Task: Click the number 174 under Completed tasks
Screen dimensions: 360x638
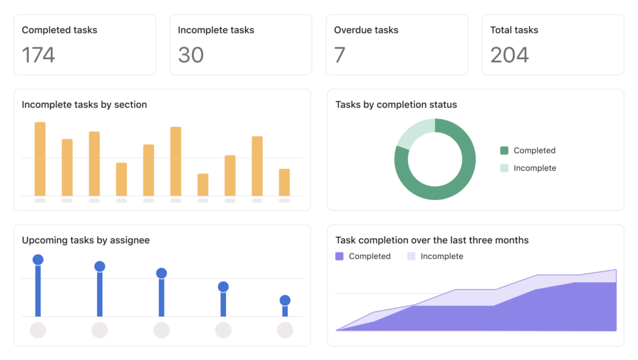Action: tap(39, 55)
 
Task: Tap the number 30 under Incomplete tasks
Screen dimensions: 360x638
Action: tap(191, 55)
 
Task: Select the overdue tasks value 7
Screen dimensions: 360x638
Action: tap(340, 55)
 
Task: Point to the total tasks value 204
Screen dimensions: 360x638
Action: tap(509, 55)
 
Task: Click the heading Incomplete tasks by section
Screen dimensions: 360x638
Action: tap(84, 105)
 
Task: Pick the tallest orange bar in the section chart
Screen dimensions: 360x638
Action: tap(40, 159)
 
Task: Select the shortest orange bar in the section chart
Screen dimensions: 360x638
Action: tap(202, 184)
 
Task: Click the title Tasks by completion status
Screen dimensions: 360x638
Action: tap(396, 105)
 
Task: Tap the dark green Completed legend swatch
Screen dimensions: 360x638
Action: tap(504, 150)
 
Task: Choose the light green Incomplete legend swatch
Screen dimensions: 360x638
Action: tap(504, 168)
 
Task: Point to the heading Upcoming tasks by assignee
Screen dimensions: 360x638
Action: tap(85, 240)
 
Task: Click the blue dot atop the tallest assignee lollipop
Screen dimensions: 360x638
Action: tap(38, 260)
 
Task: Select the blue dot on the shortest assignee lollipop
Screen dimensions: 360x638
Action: tap(285, 300)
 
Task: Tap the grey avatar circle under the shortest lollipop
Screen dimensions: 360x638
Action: tap(285, 330)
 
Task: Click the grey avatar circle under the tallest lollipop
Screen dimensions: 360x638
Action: tap(38, 330)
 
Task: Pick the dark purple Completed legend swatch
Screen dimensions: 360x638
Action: tap(340, 256)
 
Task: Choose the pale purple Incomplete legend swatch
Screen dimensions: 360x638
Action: tap(411, 256)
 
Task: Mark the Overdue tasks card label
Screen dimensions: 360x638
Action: tap(366, 30)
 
